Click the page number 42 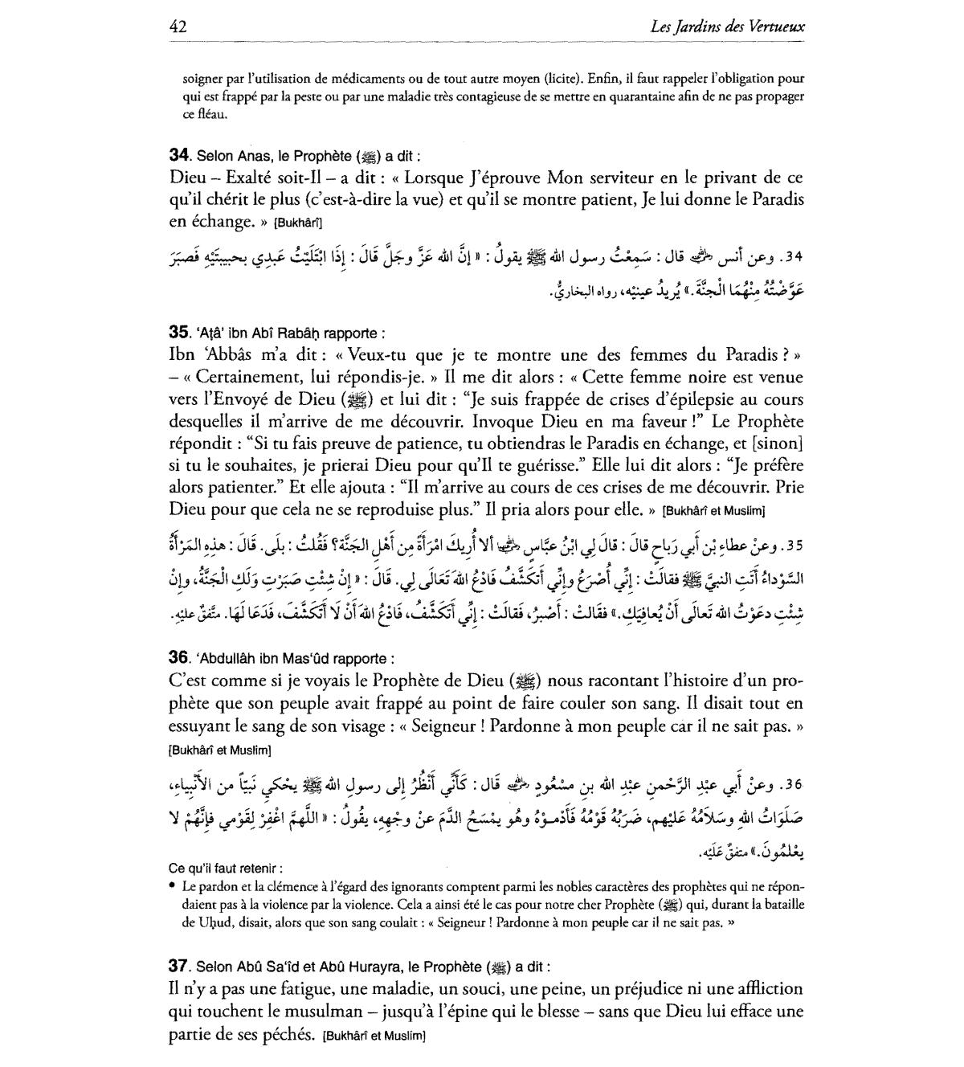pyautogui.click(x=178, y=27)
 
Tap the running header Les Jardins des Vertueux pyautogui.click(x=729, y=27)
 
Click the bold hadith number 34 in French pyautogui.click(x=179, y=155)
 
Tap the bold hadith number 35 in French pyautogui.click(x=179, y=332)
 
